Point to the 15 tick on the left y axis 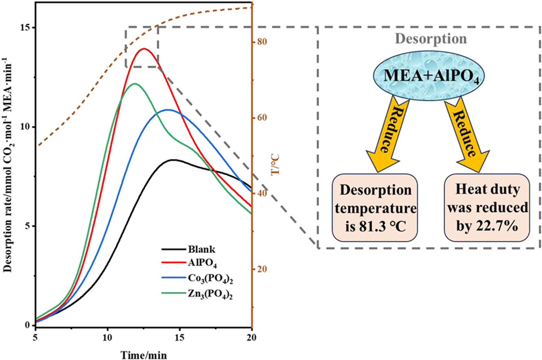tap(28, 28)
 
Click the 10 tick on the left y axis tap(28, 127)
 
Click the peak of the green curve tap(135, 84)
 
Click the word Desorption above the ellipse tap(431, 39)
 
